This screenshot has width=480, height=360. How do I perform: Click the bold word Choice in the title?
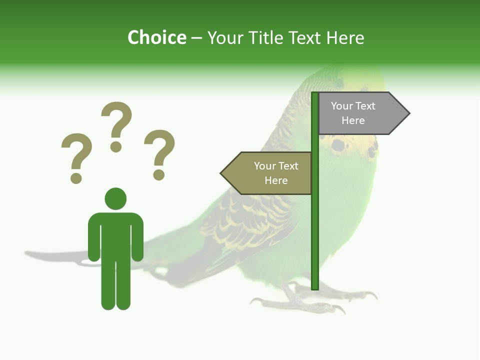pyautogui.click(x=156, y=38)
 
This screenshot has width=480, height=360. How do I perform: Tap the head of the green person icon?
pyautogui.click(x=115, y=199)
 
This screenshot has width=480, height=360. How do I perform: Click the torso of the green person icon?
pyautogui.click(x=115, y=235)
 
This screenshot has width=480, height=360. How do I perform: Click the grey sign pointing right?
pyautogui.click(x=360, y=113)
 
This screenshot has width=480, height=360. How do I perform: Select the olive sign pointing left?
pyautogui.click(x=270, y=173)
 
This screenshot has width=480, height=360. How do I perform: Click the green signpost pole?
pyautogui.click(x=315, y=225)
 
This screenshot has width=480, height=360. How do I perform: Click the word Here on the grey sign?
pyautogui.click(x=353, y=120)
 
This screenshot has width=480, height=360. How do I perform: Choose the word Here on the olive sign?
pyautogui.click(x=276, y=180)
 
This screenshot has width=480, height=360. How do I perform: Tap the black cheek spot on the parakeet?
pyautogui.click(x=338, y=145)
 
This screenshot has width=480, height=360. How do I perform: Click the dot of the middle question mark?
pyautogui.click(x=116, y=146)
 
